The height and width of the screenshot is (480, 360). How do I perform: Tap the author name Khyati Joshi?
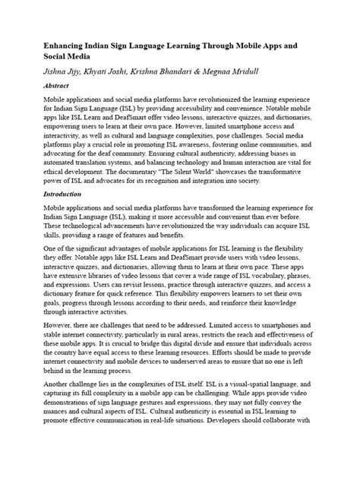[120, 72]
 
